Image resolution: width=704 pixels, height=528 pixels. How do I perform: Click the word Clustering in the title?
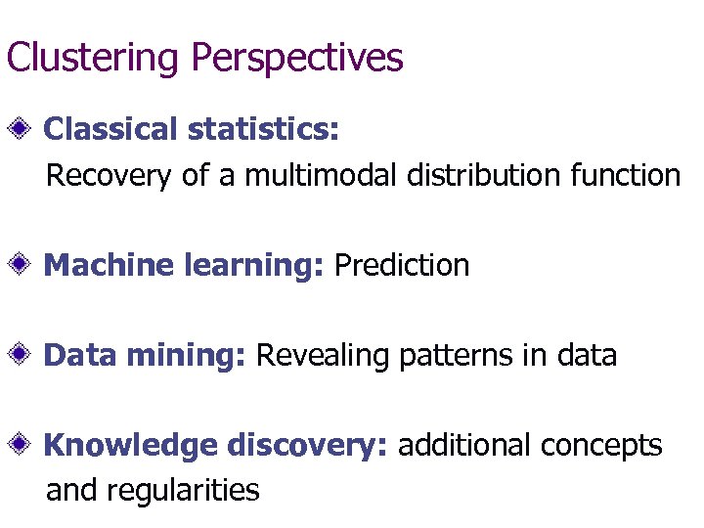[94, 58]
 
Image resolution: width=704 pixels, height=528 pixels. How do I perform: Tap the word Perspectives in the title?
[297, 58]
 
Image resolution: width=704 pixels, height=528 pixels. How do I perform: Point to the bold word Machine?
[109, 265]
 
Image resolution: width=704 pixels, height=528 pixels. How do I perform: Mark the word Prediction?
[402, 265]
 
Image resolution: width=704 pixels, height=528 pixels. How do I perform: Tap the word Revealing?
[323, 355]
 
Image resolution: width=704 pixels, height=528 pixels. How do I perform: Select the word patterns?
[452, 355]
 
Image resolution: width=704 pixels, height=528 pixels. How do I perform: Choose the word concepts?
[601, 447]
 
